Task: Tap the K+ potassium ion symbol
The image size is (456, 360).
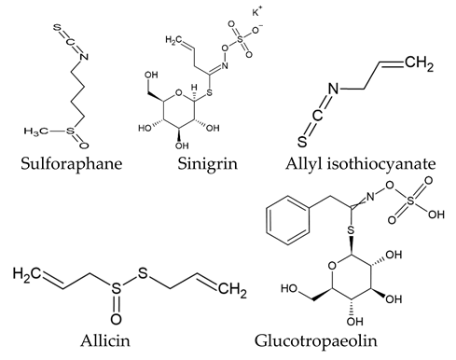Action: point(258,14)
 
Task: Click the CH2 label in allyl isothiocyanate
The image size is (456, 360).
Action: point(425,65)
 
